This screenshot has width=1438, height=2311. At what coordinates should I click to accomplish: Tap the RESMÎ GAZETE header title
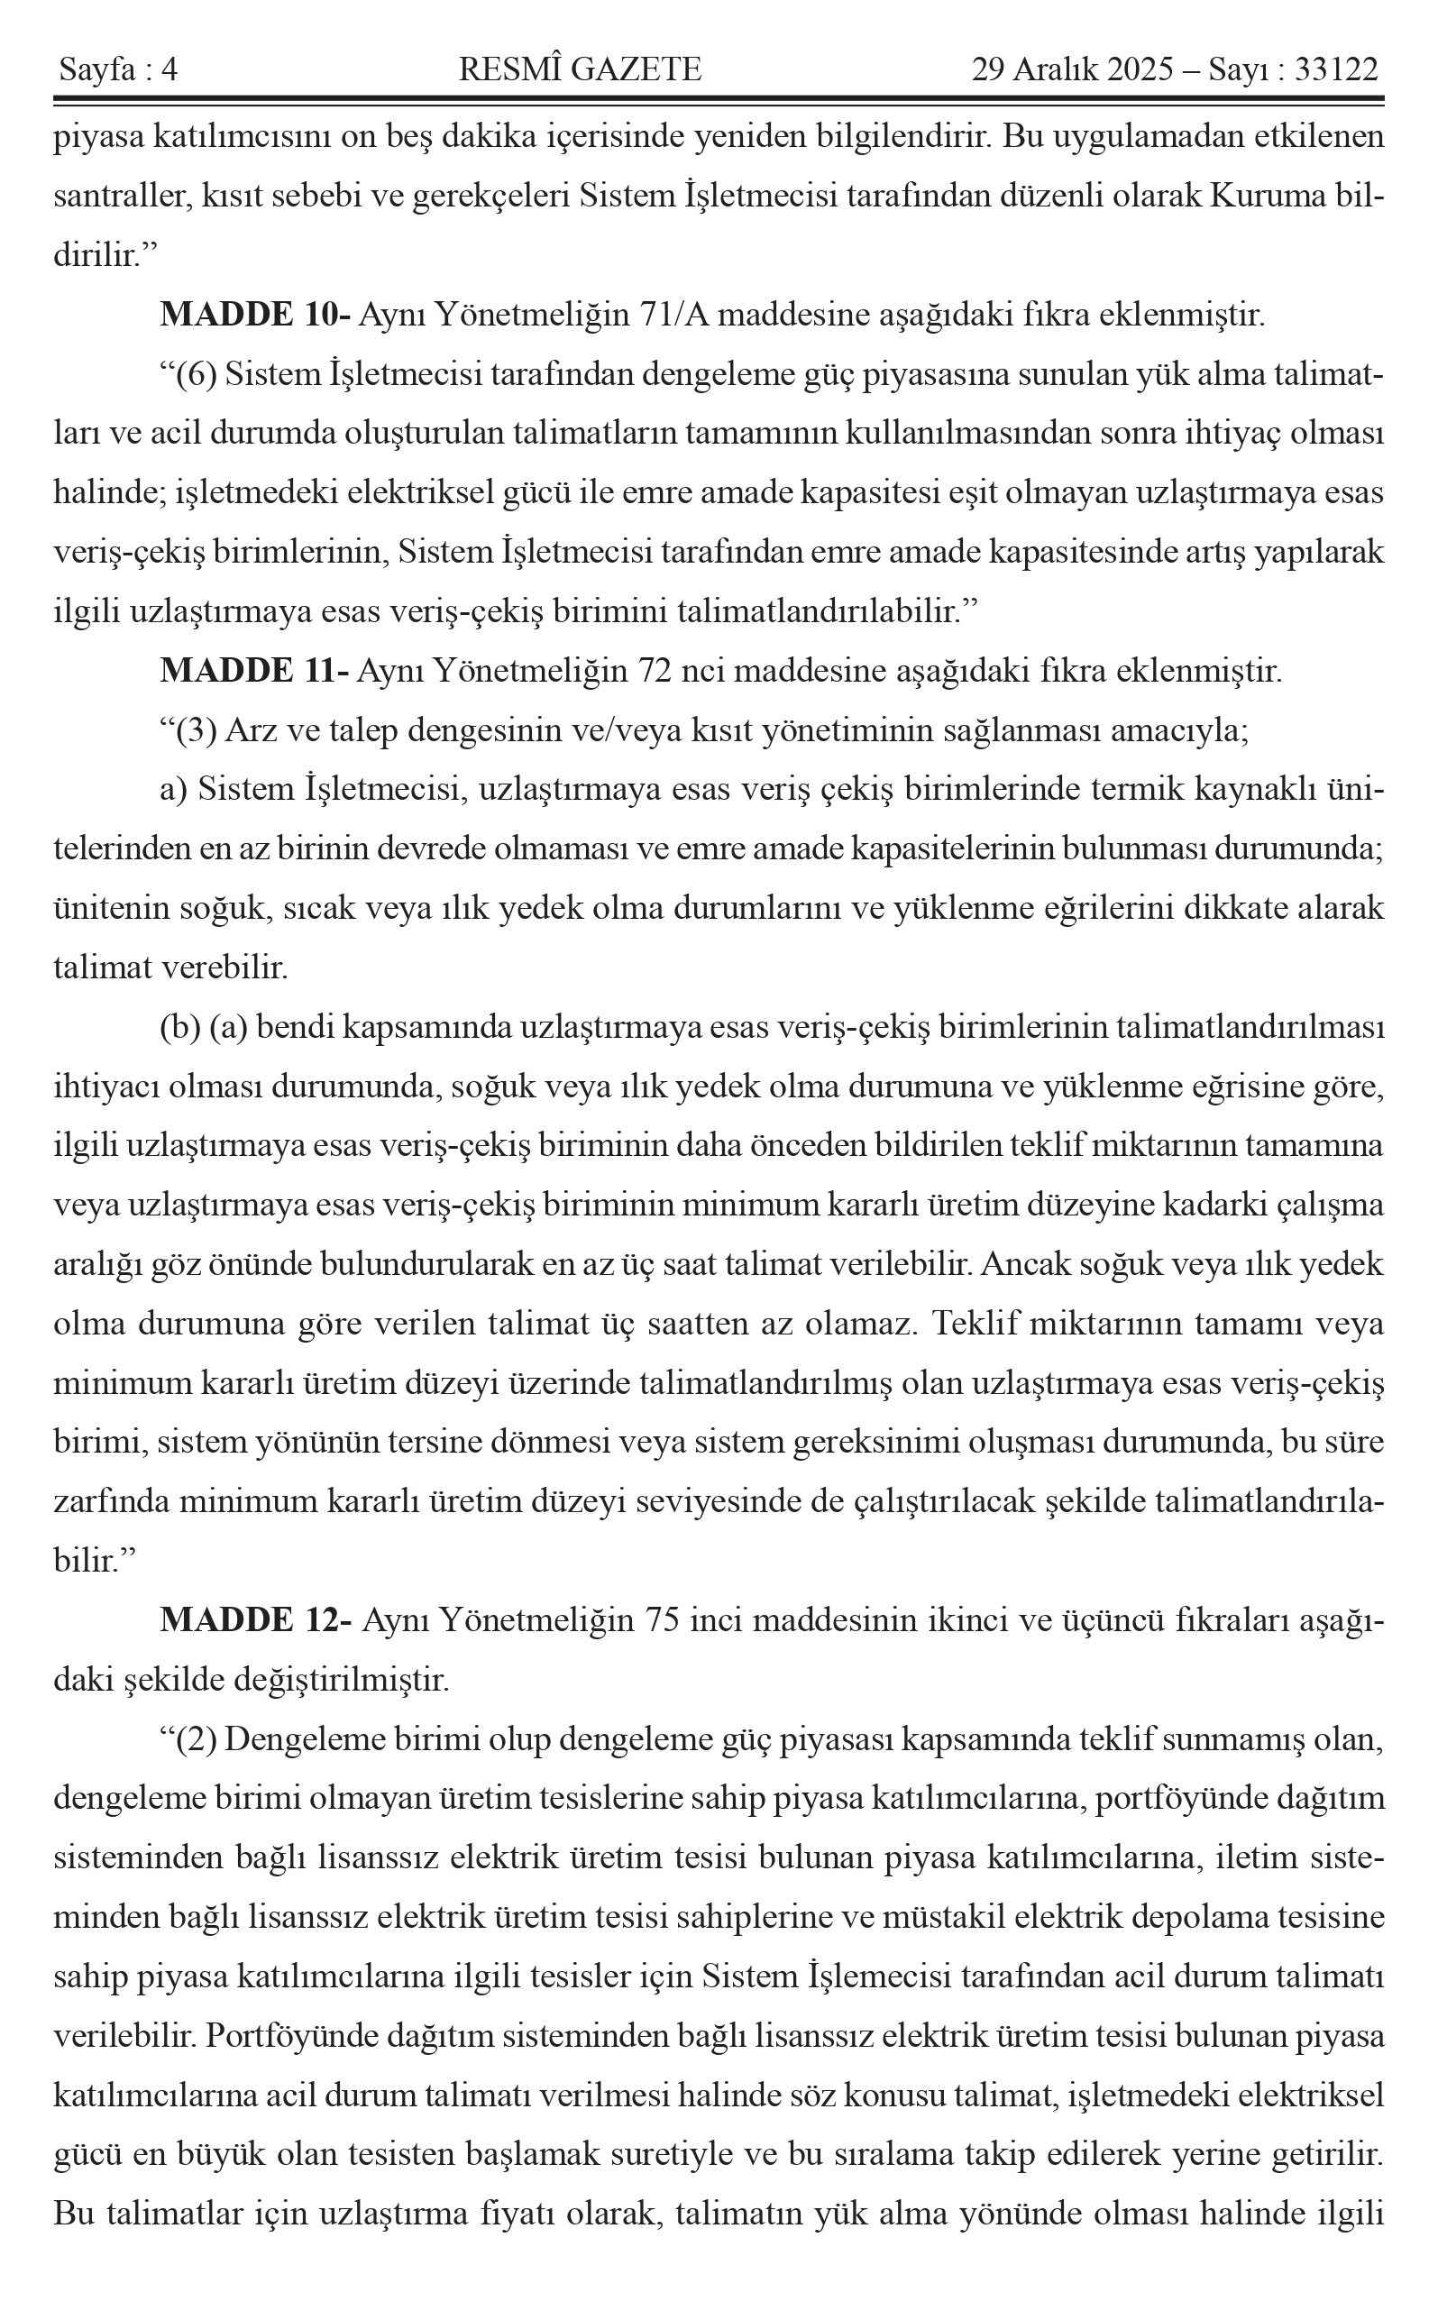pos(580,69)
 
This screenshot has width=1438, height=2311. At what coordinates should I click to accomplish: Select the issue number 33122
pos(1336,69)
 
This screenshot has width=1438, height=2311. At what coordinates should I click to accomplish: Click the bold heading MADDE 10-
pos(256,315)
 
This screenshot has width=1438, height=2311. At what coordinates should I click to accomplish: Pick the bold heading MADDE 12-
pos(257,1619)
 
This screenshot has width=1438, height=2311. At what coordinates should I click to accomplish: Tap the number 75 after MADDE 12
pos(662,1619)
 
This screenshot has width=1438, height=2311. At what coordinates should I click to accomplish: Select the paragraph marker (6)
pos(197,375)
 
